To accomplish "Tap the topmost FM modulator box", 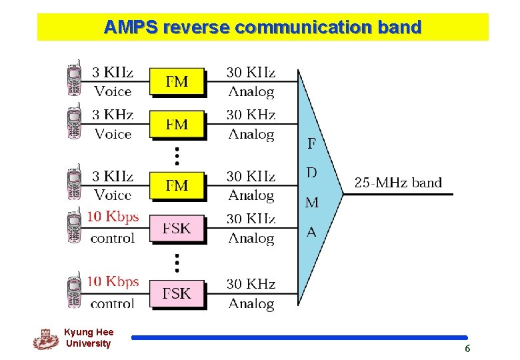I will (177, 83).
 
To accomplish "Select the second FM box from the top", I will (177, 124).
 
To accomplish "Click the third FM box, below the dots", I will (177, 186).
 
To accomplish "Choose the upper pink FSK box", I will (177, 229).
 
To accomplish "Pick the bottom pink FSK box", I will (177, 293).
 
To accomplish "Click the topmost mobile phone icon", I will (75, 80).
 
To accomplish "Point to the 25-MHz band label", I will (398, 183).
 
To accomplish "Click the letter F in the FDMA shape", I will (311, 143).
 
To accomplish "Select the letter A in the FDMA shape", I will (311, 232).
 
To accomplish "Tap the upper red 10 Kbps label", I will (113, 217).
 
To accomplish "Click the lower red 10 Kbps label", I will (113, 282).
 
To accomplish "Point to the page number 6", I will (467, 349).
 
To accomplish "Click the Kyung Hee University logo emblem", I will (45, 339).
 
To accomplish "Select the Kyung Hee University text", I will (89, 338).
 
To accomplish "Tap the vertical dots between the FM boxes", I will (177, 156).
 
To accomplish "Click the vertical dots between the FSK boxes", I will (177, 261).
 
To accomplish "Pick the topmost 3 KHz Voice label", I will (113, 81).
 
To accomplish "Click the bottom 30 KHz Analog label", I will (251, 294).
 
